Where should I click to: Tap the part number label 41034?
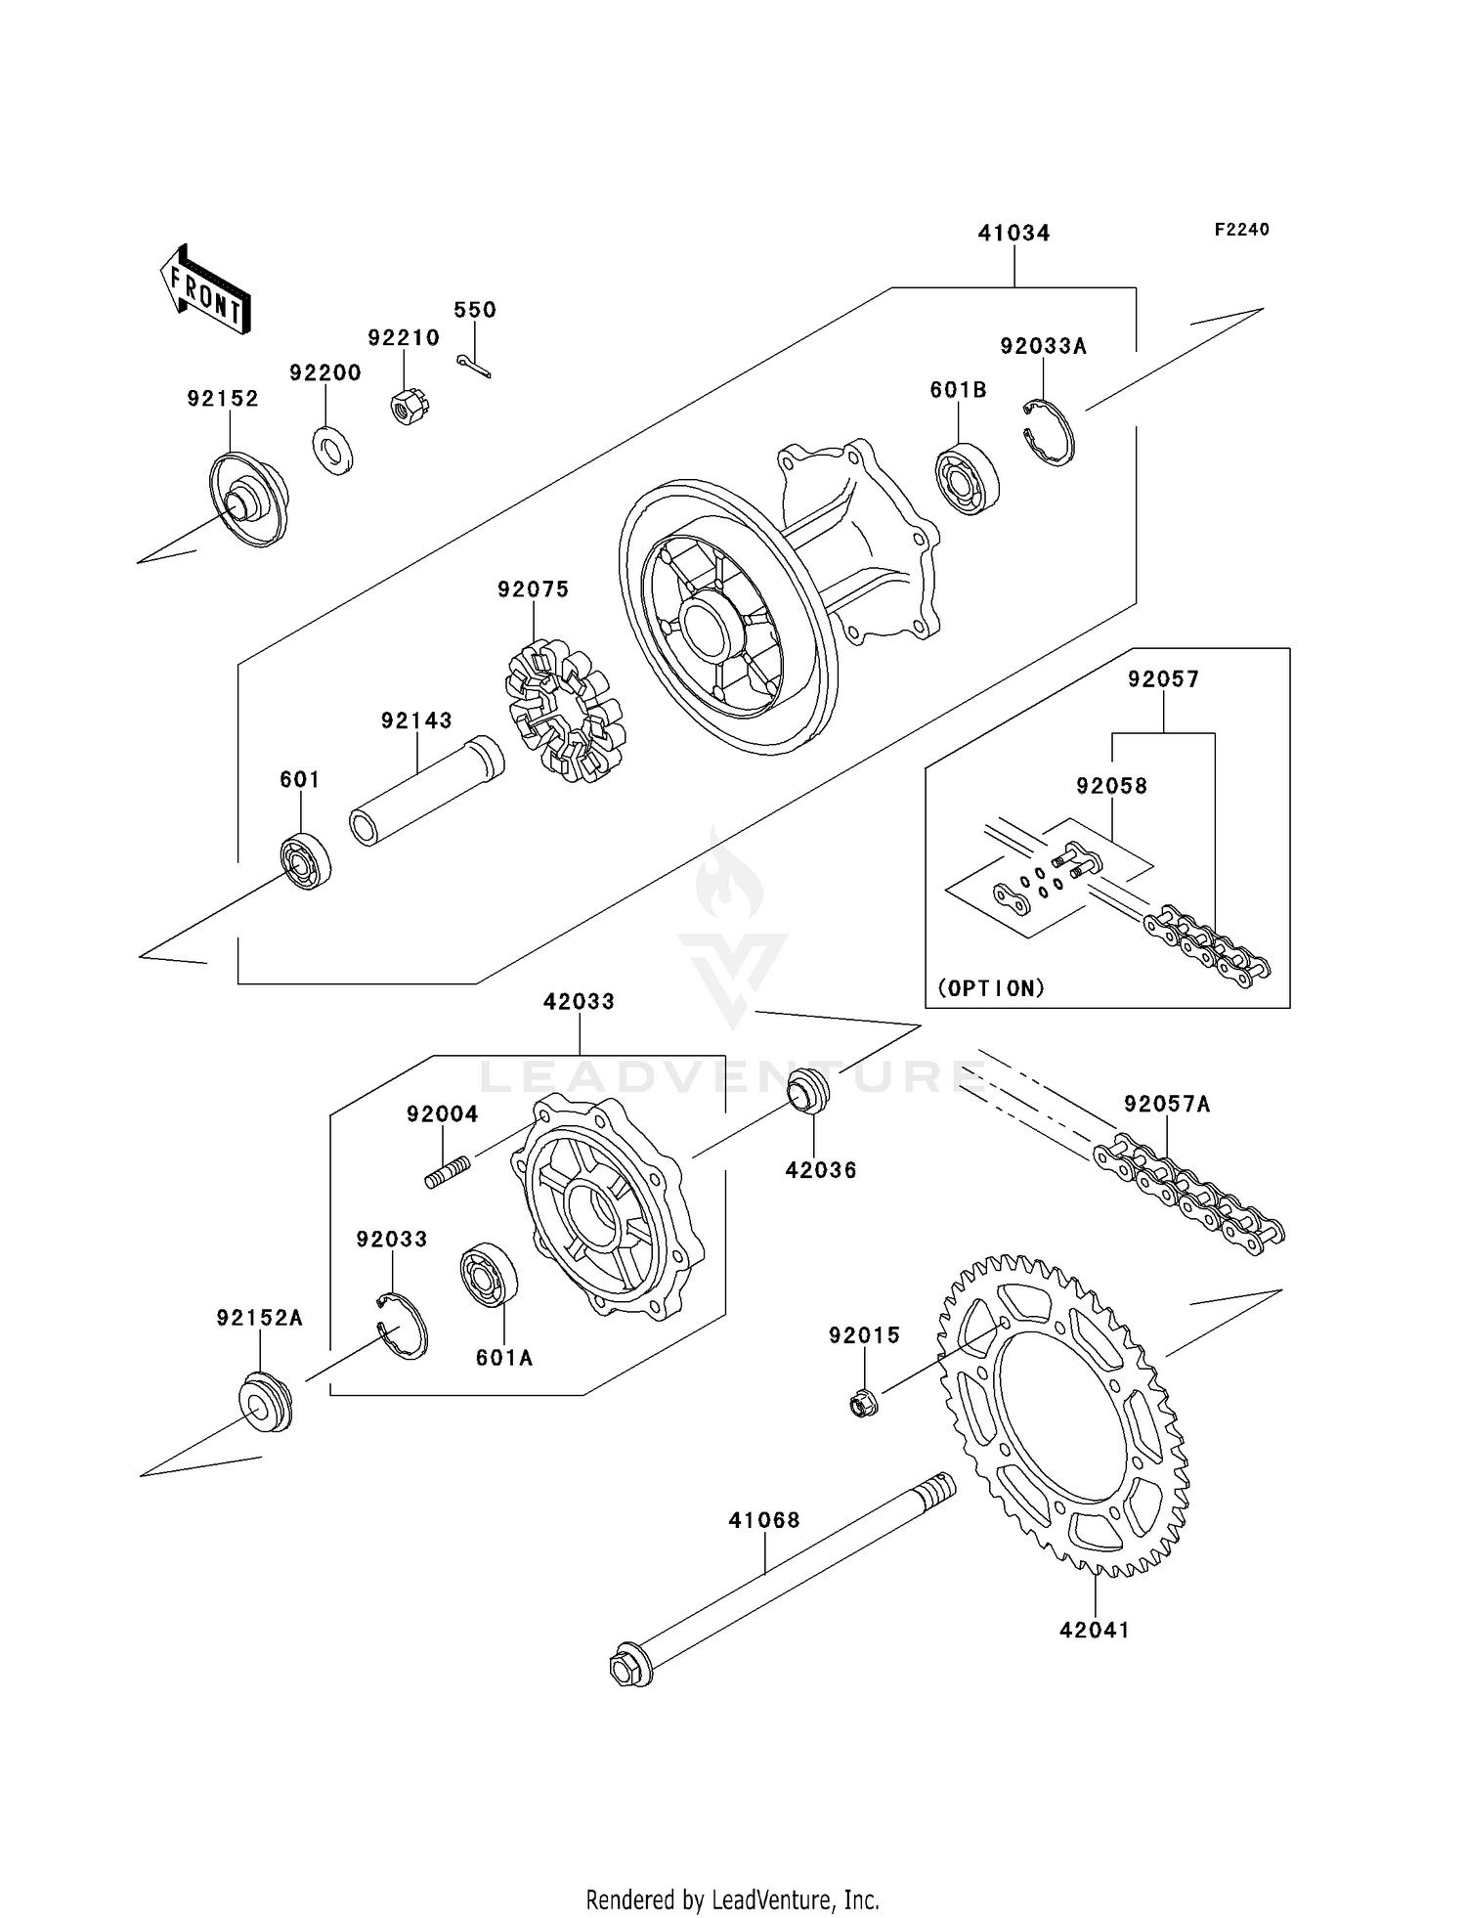pos(1013,233)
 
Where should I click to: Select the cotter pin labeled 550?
pos(473,366)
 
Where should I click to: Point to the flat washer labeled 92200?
pos(333,451)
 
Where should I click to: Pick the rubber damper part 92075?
pos(565,711)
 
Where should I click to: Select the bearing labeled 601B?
pos(967,479)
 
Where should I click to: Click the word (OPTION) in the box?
pos(991,988)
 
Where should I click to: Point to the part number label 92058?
pos(1111,786)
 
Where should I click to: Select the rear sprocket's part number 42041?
pos(1095,1631)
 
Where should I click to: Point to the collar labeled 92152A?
pos(265,1403)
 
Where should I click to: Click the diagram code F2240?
pos(1241,230)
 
